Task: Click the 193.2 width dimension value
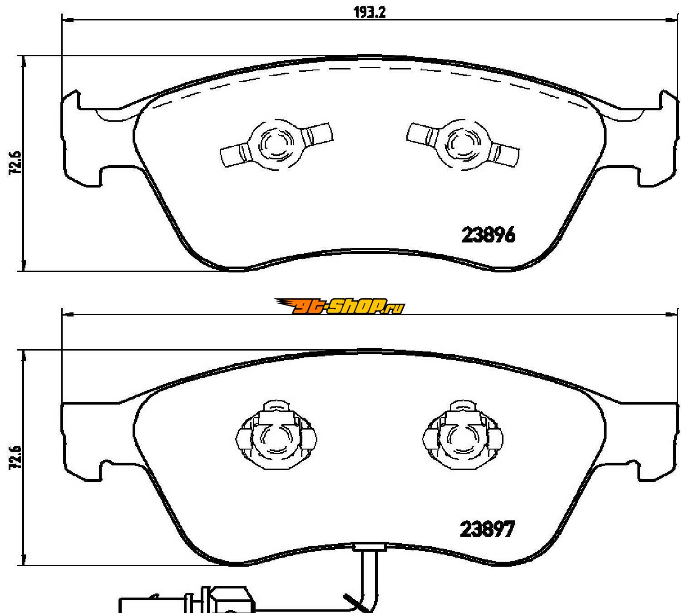coord(370,12)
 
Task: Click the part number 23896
coord(488,235)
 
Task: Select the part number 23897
coord(487,529)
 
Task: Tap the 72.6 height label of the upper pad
coord(15,163)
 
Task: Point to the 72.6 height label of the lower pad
coord(15,457)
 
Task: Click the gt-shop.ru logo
coord(339,306)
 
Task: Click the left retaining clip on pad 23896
coord(276,144)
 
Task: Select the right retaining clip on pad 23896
coord(463,144)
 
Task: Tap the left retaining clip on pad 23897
coord(276,435)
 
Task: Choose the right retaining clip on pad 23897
coord(463,435)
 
